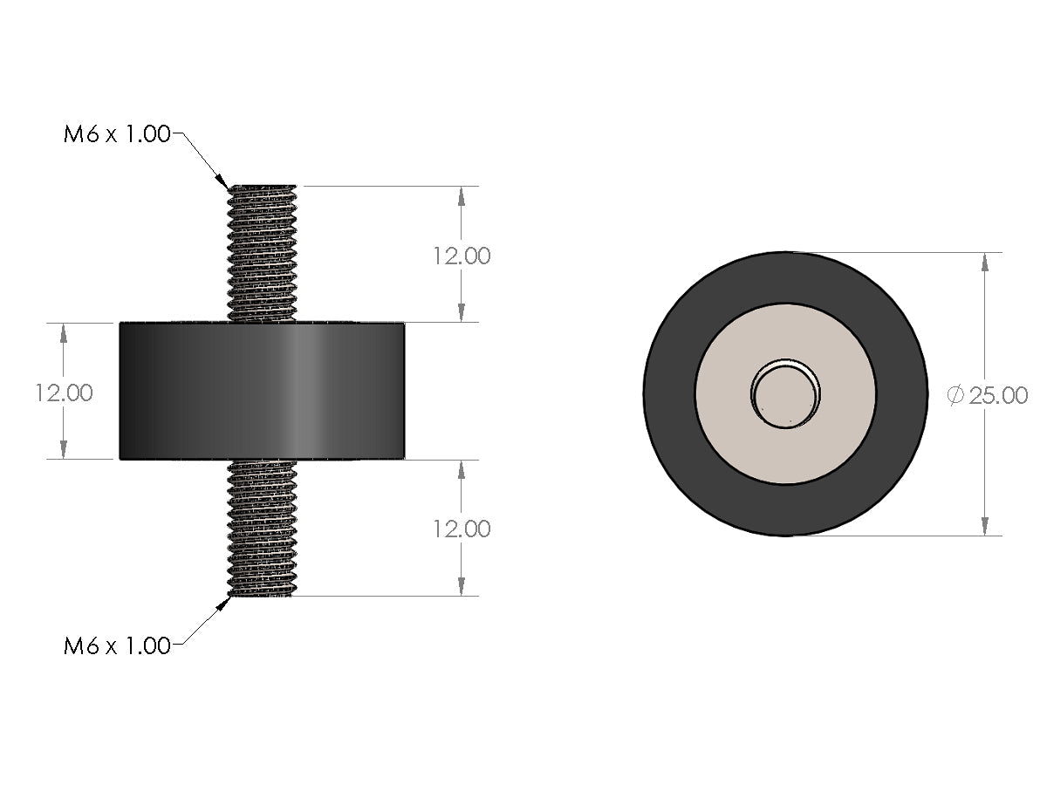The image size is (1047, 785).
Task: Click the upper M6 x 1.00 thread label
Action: tap(117, 135)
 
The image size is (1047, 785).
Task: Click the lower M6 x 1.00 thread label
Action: tap(117, 646)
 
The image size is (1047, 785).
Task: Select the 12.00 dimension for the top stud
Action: tap(461, 256)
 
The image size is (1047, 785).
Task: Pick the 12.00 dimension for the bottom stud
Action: tap(461, 529)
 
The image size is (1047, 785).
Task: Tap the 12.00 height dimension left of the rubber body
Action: tap(64, 392)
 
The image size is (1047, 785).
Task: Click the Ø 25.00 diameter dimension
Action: tap(989, 395)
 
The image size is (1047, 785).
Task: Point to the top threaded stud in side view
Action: tap(262, 253)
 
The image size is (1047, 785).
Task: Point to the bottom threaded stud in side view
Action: tap(262, 528)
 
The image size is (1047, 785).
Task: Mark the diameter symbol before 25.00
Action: tap(955, 395)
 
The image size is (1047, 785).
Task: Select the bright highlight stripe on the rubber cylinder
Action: tap(301, 391)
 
